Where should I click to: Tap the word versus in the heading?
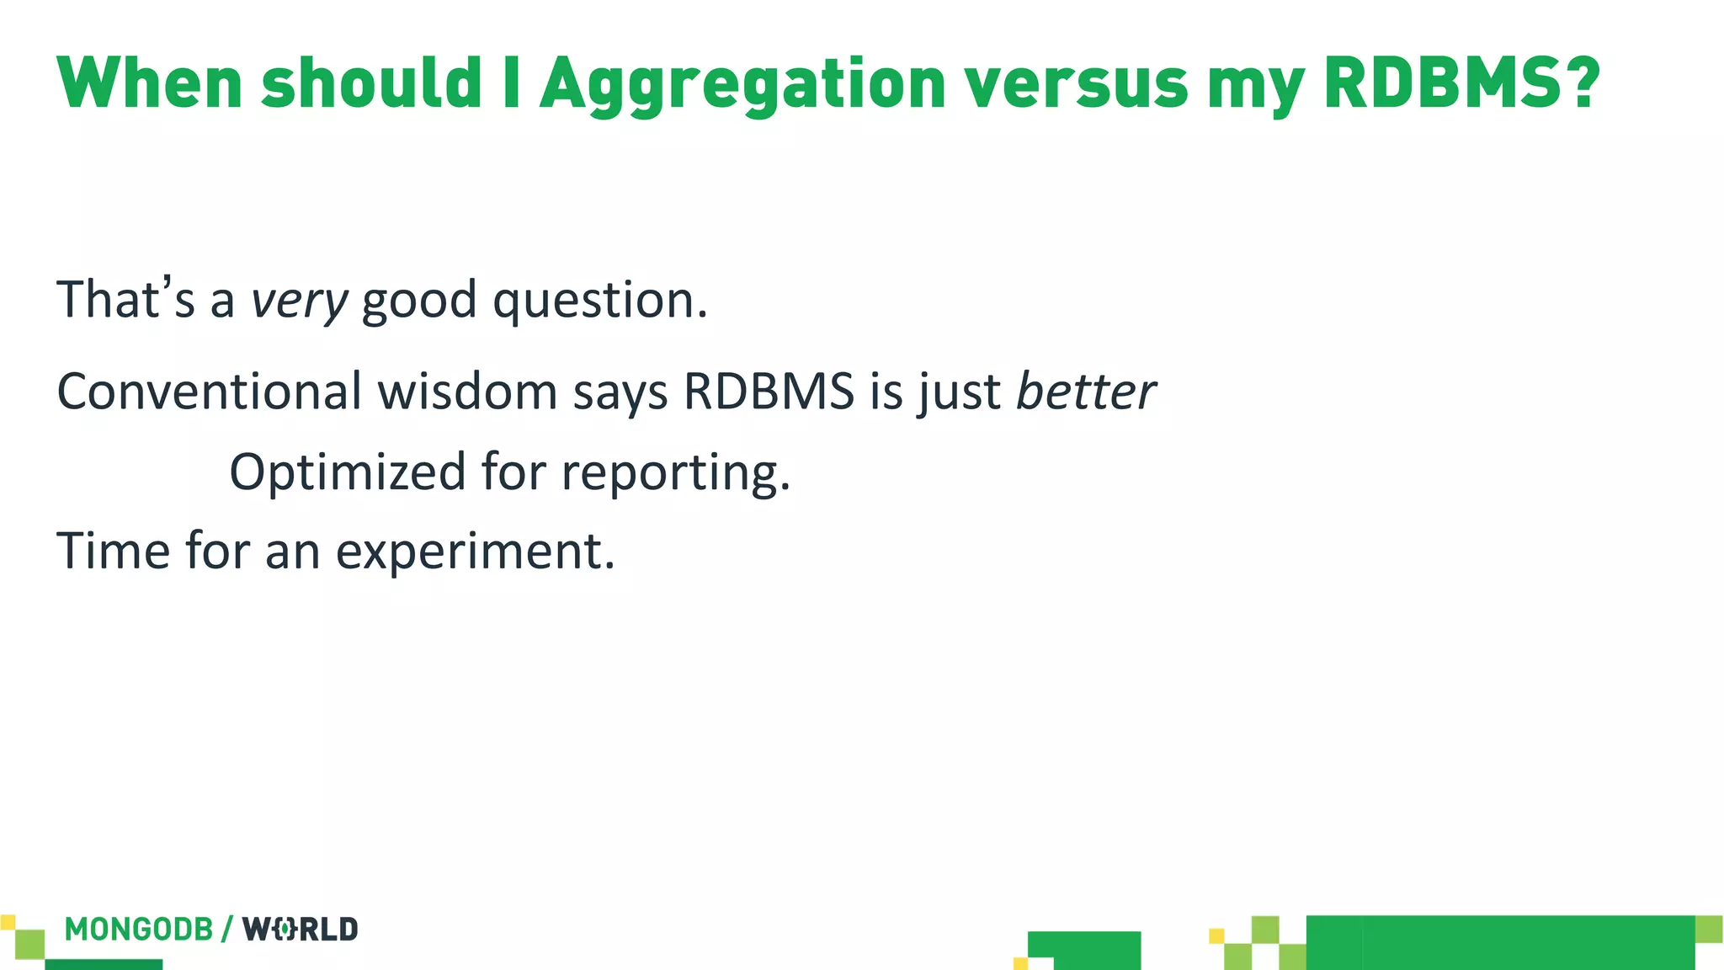click(1076, 84)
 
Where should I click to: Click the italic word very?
click(299, 301)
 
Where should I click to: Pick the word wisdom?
click(467, 392)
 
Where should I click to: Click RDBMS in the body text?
click(769, 392)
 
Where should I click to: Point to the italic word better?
click(1086, 392)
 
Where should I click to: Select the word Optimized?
click(347, 472)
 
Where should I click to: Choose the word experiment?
click(475, 552)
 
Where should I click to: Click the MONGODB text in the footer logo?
click(139, 930)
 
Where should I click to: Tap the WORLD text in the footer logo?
click(301, 930)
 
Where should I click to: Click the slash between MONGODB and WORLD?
click(227, 930)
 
